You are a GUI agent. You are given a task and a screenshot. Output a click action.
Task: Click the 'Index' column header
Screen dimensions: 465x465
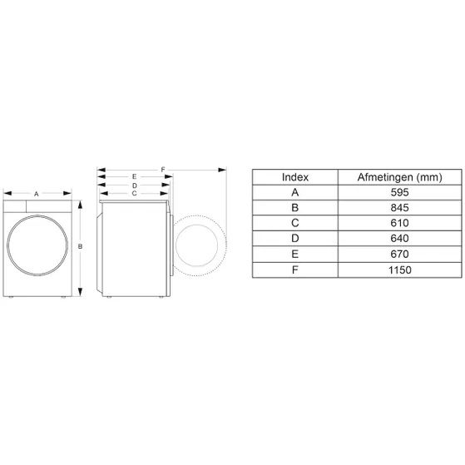pos(295,176)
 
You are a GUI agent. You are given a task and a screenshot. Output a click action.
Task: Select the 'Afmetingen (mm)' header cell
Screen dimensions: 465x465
pos(398,176)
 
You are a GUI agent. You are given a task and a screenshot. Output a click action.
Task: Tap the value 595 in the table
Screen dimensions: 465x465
pos(398,192)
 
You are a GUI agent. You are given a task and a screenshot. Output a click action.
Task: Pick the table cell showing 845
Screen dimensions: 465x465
pos(398,208)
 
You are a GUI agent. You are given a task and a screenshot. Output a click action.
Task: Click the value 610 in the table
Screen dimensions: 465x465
pos(398,223)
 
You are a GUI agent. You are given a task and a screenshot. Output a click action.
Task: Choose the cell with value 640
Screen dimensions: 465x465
pos(398,239)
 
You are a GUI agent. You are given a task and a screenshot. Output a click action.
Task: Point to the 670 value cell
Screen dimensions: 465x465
pos(398,255)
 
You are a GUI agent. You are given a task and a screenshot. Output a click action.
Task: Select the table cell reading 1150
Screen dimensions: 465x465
pos(398,270)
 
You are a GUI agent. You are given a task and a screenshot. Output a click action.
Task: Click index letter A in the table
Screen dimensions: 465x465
pos(295,192)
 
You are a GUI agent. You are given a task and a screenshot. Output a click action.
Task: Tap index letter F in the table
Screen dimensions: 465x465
pos(295,270)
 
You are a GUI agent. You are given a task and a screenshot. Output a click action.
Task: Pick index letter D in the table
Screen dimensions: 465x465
pos(295,239)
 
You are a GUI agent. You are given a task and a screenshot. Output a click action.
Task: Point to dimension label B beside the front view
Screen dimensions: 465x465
pos(80,247)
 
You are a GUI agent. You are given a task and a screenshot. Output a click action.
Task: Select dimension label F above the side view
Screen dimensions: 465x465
pos(163,169)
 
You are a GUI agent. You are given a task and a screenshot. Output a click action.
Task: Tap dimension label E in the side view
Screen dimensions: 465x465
pos(134,176)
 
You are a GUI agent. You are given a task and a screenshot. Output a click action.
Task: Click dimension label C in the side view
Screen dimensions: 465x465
pos(134,192)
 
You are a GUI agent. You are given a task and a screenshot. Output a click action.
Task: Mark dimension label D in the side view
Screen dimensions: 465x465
pos(134,185)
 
